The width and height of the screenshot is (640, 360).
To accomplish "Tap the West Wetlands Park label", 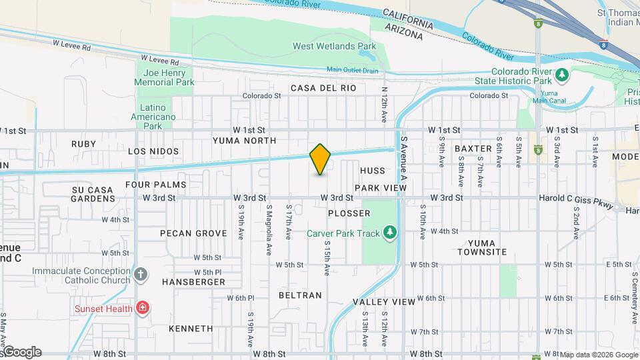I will [x=335, y=47].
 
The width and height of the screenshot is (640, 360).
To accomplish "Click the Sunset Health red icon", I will [x=141, y=307].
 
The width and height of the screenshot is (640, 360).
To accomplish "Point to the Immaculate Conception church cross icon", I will [x=140, y=274].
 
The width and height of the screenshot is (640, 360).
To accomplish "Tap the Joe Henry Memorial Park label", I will [x=164, y=77].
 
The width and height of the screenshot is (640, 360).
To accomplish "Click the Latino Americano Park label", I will [x=158, y=117].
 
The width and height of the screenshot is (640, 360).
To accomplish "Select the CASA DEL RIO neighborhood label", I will [x=323, y=88].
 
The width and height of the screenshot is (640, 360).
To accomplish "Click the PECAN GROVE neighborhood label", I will [x=193, y=233].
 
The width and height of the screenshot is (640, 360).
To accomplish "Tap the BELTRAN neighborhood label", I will [x=300, y=295].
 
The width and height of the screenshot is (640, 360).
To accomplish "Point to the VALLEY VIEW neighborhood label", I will [x=384, y=302].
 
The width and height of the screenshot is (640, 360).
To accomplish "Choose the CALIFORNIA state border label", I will [x=409, y=18].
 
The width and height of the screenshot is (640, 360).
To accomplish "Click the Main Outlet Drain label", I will [x=352, y=70].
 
